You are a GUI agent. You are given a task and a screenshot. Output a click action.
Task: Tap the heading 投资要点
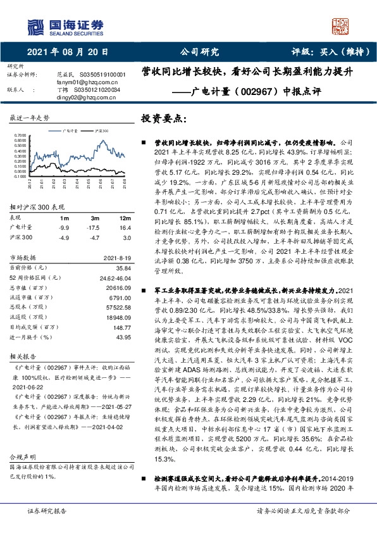pyautogui.click(x=164, y=119)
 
